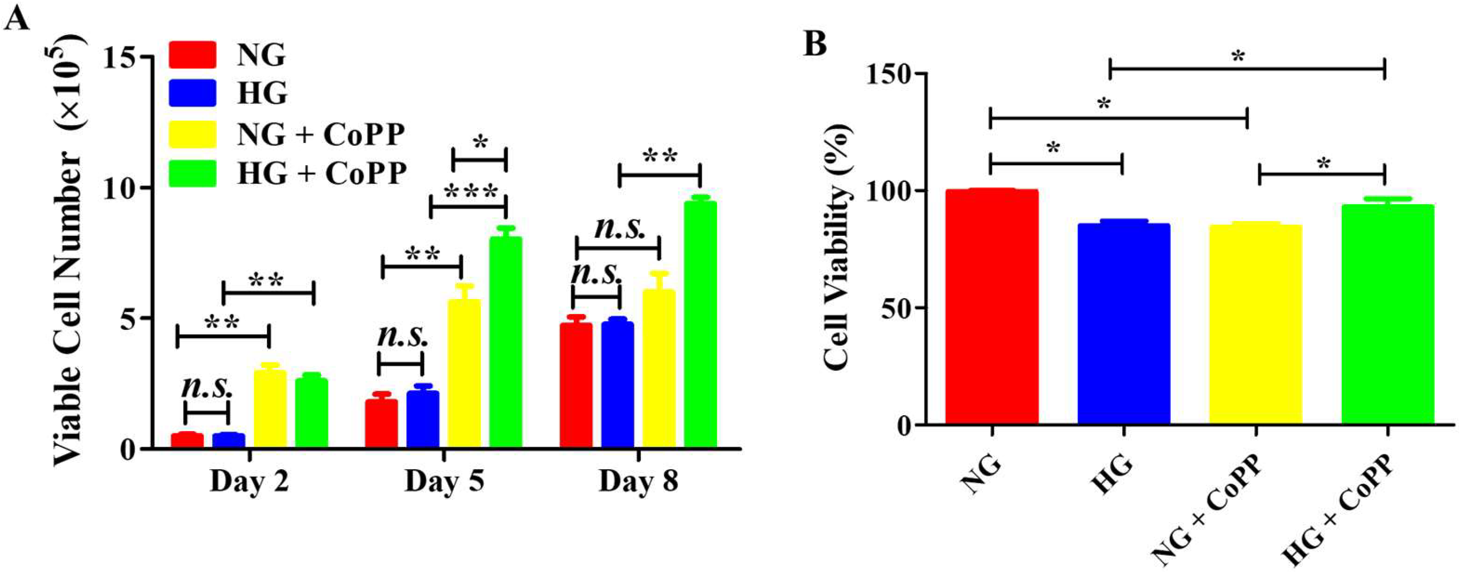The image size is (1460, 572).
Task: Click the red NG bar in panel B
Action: [x=992, y=306]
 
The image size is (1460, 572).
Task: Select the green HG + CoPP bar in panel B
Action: [x=1387, y=314]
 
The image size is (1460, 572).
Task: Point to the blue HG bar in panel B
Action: [x=1123, y=323]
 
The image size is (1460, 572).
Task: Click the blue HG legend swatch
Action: [x=192, y=92]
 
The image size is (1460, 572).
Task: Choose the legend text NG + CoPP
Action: [x=321, y=134]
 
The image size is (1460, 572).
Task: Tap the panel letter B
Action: [x=816, y=44]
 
